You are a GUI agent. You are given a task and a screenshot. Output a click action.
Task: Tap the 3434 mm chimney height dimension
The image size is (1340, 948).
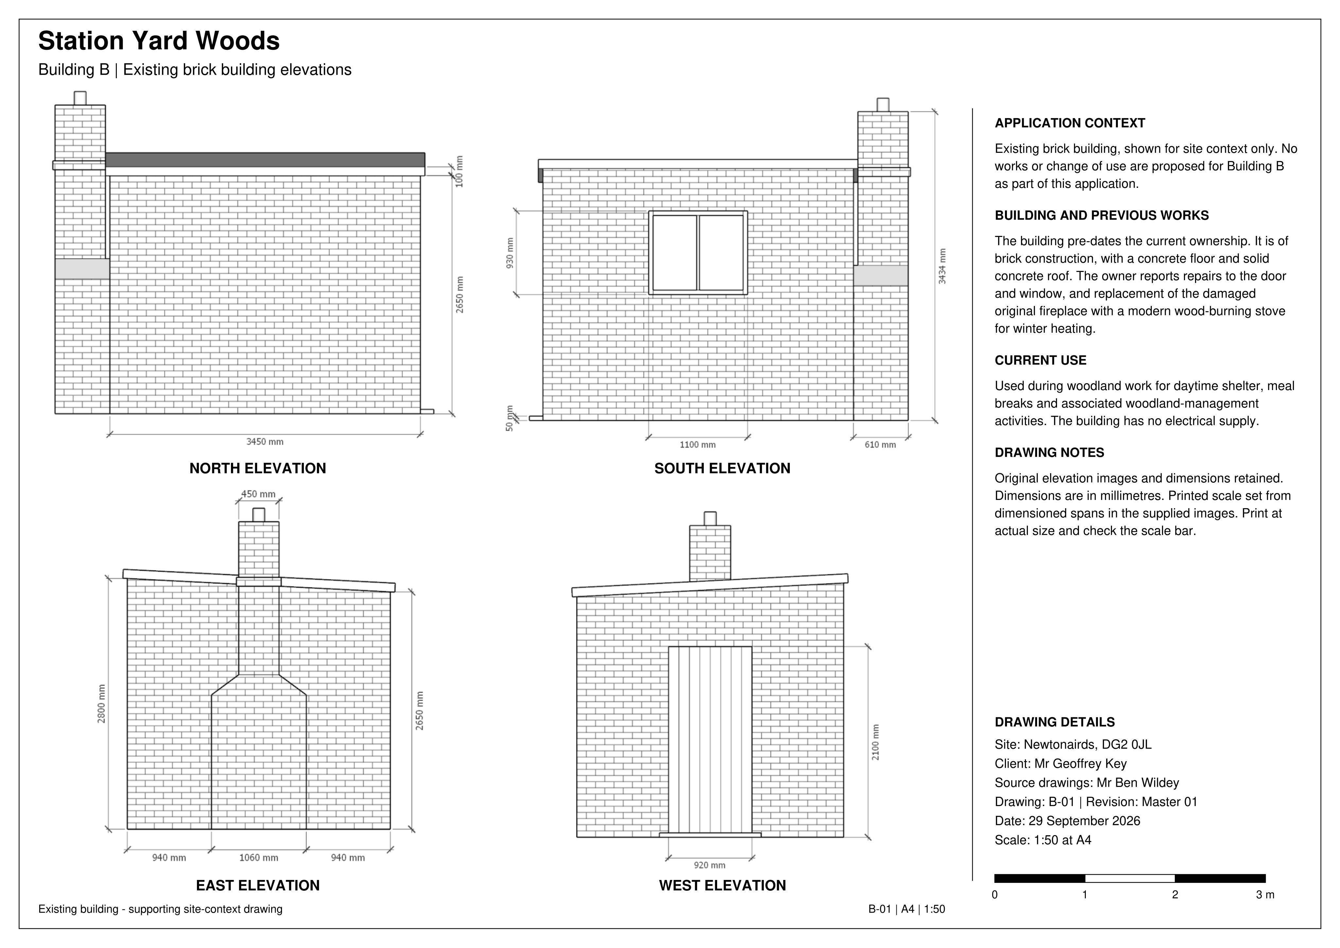942,266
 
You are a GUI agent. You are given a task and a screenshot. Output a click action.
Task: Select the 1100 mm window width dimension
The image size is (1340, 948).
697,445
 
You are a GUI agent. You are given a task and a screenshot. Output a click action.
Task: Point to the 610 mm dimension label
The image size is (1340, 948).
880,445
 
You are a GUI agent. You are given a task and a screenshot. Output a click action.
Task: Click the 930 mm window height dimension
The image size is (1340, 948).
510,253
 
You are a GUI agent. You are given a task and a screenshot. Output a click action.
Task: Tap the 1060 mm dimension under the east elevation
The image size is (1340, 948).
258,858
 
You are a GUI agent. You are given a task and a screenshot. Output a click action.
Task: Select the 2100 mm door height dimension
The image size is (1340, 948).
875,742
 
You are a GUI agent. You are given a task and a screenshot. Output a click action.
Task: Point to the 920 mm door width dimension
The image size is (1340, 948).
710,865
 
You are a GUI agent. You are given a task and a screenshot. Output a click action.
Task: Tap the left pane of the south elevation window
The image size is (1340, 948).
675,253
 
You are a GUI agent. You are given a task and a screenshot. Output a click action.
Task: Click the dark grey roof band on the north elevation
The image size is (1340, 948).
265,160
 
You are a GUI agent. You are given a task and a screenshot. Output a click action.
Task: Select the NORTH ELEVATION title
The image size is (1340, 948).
258,468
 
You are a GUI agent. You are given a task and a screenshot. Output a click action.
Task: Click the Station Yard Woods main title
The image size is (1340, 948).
159,41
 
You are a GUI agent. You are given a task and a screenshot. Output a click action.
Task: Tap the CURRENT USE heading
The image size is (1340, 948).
1041,360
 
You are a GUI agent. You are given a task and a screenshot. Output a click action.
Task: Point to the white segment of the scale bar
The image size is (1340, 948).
1130,879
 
